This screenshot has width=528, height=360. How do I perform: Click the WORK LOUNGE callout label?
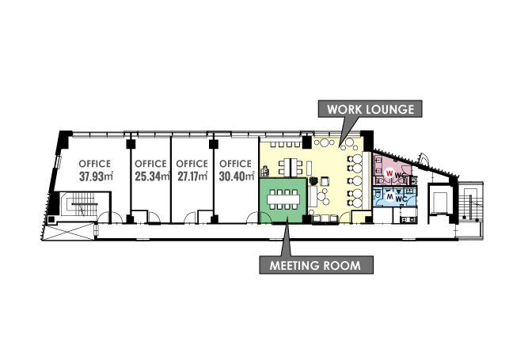(x=370, y=109)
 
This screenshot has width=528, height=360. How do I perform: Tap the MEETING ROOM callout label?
(x=316, y=265)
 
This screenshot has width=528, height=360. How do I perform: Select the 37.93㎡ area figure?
(x=96, y=176)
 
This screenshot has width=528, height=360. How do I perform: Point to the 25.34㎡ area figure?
(x=152, y=176)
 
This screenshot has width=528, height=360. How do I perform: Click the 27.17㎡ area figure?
(x=192, y=176)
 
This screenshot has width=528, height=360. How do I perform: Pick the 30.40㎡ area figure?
(x=237, y=176)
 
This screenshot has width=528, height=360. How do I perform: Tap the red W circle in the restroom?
(x=389, y=173)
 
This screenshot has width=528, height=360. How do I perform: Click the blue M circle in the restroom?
(x=390, y=196)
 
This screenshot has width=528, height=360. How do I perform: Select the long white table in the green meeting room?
(x=283, y=199)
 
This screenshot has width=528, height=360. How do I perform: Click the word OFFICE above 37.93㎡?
(x=95, y=164)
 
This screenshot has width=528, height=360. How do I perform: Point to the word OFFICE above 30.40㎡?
(x=235, y=164)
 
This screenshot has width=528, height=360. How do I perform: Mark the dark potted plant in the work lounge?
(x=313, y=181)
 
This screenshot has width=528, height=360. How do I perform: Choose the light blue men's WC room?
(x=395, y=198)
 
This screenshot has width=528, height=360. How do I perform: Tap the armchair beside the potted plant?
(x=325, y=181)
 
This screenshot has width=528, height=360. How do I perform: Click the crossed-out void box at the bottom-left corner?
(x=69, y=232)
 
